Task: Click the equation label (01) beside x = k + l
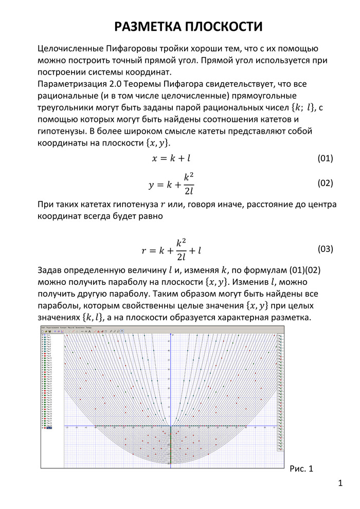[x=325, y=158]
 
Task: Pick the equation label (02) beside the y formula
[x=325, y=183]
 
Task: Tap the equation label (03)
[x=325, y=249]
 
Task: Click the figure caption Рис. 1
[x=301, y=468]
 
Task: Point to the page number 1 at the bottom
[x=341, y=484]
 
